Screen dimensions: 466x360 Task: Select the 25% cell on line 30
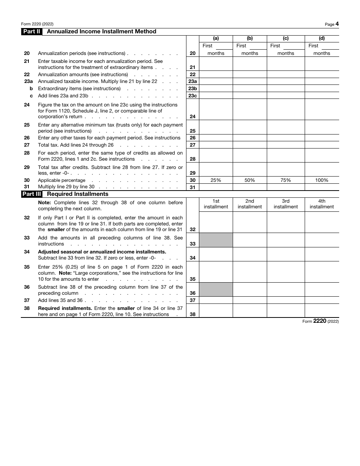216,180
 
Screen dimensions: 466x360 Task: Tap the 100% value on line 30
322,180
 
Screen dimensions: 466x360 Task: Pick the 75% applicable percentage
286,180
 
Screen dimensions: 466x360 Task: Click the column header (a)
216,38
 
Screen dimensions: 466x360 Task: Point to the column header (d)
322,38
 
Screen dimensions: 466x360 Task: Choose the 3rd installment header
286,204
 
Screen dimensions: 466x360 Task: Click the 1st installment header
216,204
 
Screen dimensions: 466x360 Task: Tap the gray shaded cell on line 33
216,240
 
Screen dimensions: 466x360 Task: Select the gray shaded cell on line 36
216,289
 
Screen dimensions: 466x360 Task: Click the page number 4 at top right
337,24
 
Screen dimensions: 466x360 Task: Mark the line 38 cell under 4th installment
322,311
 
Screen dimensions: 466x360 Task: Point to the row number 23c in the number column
193,96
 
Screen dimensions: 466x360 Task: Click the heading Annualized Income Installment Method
101,32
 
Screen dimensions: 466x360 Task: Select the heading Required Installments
77,194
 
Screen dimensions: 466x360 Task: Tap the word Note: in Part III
44,203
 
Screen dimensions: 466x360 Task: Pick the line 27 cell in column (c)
286,145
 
